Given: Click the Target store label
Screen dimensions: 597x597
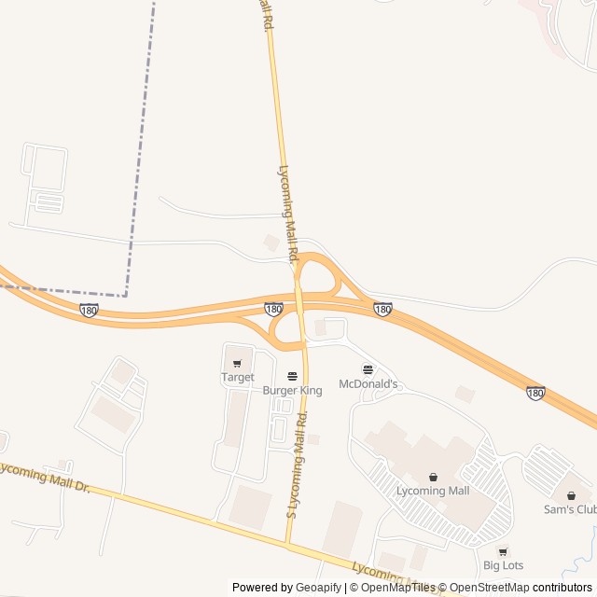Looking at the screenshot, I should tap(237, 378).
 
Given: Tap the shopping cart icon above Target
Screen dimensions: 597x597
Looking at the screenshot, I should tap(237, 364).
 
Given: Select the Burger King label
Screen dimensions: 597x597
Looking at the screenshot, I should tap(292, 391).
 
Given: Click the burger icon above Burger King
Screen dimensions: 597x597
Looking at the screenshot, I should tap(292, 377).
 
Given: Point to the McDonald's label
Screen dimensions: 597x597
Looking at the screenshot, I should tap(368, 384).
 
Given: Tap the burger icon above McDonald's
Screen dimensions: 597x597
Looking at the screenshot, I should tap(368, 370).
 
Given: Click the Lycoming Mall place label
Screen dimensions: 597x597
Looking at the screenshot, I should tap(433, 491).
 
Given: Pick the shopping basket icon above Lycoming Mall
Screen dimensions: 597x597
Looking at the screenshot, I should tap(433, 477).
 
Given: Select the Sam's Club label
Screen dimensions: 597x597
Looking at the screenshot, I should tap(569, 509).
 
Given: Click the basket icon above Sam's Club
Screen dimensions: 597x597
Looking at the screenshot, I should tap(571, 495).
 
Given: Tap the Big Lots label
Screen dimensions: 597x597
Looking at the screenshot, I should tap(503, 565).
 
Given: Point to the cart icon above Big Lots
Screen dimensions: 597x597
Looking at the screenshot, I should tap(503, 551).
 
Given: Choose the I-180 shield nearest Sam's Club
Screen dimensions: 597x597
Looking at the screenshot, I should tap(535, 394).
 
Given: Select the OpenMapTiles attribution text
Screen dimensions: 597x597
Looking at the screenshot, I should tap(398, 588).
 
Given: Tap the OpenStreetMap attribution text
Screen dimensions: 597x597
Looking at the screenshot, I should tap(490, 588).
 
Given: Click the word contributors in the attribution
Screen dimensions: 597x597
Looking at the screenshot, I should tap(562, 588).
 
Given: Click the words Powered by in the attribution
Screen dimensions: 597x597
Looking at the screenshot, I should tap(261, 588).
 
